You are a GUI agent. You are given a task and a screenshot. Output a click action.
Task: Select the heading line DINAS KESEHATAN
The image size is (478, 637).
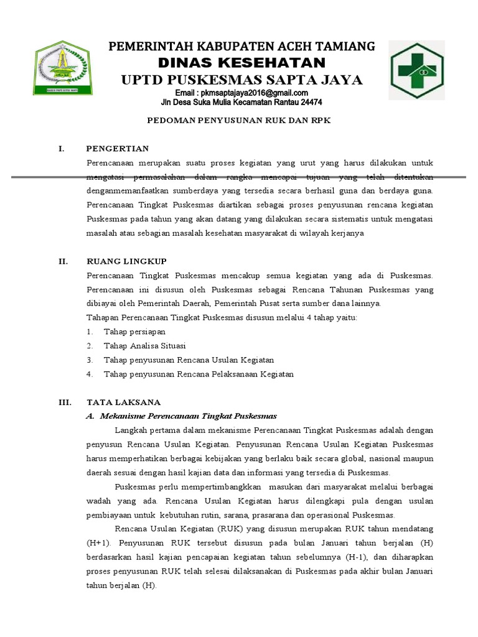(x=242, y=63)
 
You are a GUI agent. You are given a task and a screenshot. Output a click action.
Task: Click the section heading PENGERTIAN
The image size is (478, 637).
(x=118, y=149)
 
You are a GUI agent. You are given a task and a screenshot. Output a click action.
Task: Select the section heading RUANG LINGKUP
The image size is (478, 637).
(x=126, y=262)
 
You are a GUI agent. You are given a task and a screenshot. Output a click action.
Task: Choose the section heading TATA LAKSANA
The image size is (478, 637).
(x=124, y=402)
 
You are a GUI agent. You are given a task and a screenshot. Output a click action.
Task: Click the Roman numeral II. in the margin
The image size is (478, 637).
(x=63, y=262)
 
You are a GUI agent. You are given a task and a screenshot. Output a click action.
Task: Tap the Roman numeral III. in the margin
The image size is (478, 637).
(x=65, y=402)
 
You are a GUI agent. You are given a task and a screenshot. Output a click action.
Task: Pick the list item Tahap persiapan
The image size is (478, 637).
(x=131, y=332)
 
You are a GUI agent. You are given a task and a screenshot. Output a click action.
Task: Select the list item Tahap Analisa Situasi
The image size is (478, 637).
(x=144, y=346)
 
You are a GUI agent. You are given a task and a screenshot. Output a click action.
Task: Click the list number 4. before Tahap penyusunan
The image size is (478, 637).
(x=90, y=374)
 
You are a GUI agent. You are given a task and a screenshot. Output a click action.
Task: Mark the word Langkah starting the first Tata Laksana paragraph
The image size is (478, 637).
(x=130, y=430)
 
